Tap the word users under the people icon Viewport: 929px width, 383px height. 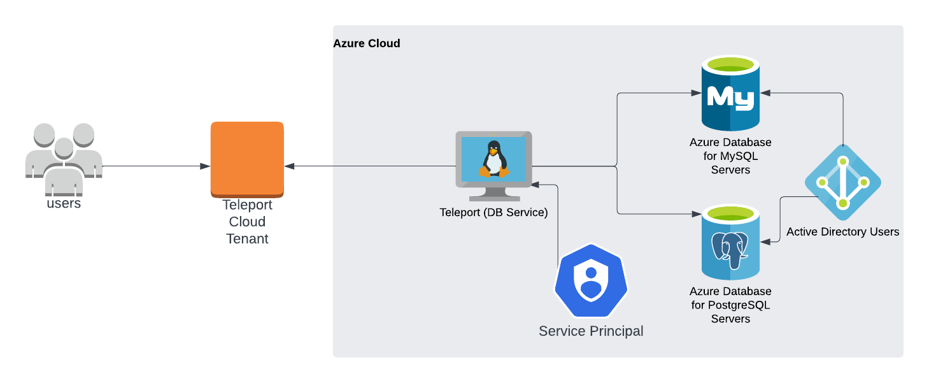click(x=64, y=204)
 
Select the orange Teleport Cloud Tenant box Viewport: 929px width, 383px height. click(x=247, y=159)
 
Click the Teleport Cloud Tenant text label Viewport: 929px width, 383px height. click(x=247, y=222)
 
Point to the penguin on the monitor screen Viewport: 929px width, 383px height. click(x=493, y=159)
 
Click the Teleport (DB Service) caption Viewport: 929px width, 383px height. click(x=493, y=213)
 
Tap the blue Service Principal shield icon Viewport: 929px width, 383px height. click(x=591, y=280)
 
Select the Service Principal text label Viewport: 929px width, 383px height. click(x=591, y=331)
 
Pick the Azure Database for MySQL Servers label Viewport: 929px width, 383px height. click(x=730, y=156)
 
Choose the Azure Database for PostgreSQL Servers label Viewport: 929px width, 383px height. click(x=730, y=305)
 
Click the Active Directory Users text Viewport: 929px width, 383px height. click(x=842, y=232)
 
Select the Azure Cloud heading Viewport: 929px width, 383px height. click(x=367, y=43)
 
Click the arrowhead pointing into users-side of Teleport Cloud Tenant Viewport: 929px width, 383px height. click(x=205, y=166)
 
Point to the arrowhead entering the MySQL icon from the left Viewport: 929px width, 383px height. click(x=697, y=93)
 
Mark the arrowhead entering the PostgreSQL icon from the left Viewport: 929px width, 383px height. click(x=697, y=213)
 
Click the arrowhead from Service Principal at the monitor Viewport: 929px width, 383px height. click(x=536, y=185)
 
